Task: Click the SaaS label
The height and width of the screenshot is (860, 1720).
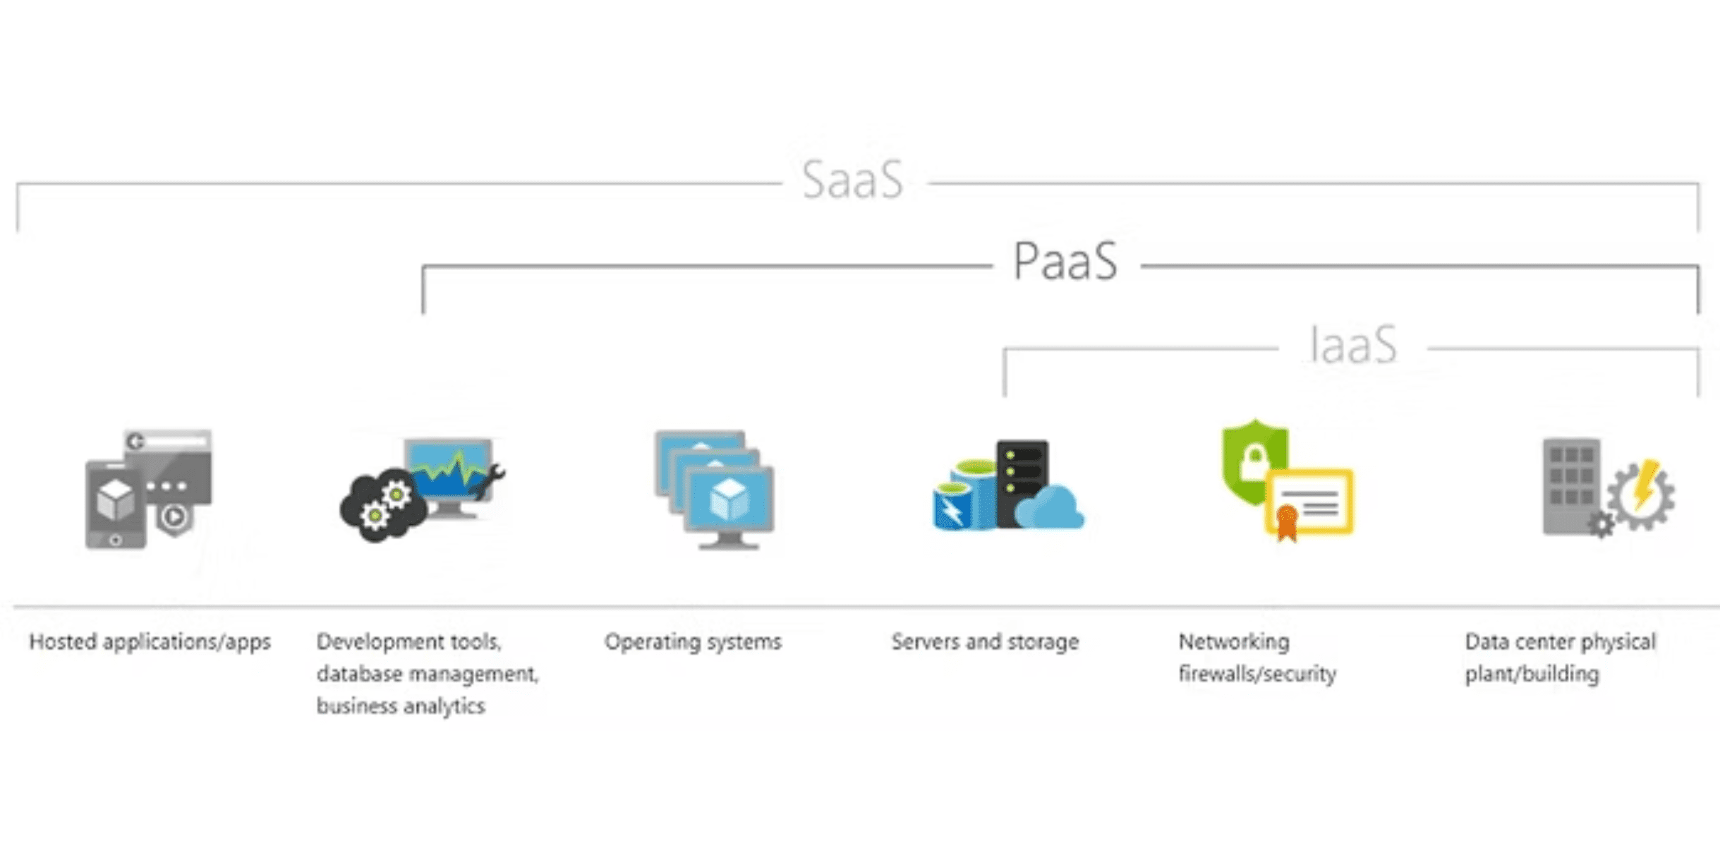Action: pos(852,181)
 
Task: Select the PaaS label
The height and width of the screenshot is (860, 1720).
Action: pos(1065,262)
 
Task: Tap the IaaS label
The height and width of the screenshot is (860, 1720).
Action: pos(1352,345)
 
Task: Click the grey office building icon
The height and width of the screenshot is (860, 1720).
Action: pos(1570,487)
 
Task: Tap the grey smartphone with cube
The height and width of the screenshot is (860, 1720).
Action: pos(115,504)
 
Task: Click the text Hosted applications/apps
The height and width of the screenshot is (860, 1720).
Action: pos(150,642)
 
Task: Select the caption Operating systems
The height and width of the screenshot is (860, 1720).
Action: pos(693,642)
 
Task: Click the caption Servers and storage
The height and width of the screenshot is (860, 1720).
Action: pos(985,642)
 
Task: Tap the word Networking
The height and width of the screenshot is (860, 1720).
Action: pos(1233,642)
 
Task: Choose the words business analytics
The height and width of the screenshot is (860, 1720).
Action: pos(400,706)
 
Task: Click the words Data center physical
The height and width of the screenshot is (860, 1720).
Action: pos(1560,642)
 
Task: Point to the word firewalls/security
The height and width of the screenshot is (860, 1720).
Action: pos(1257,674)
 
